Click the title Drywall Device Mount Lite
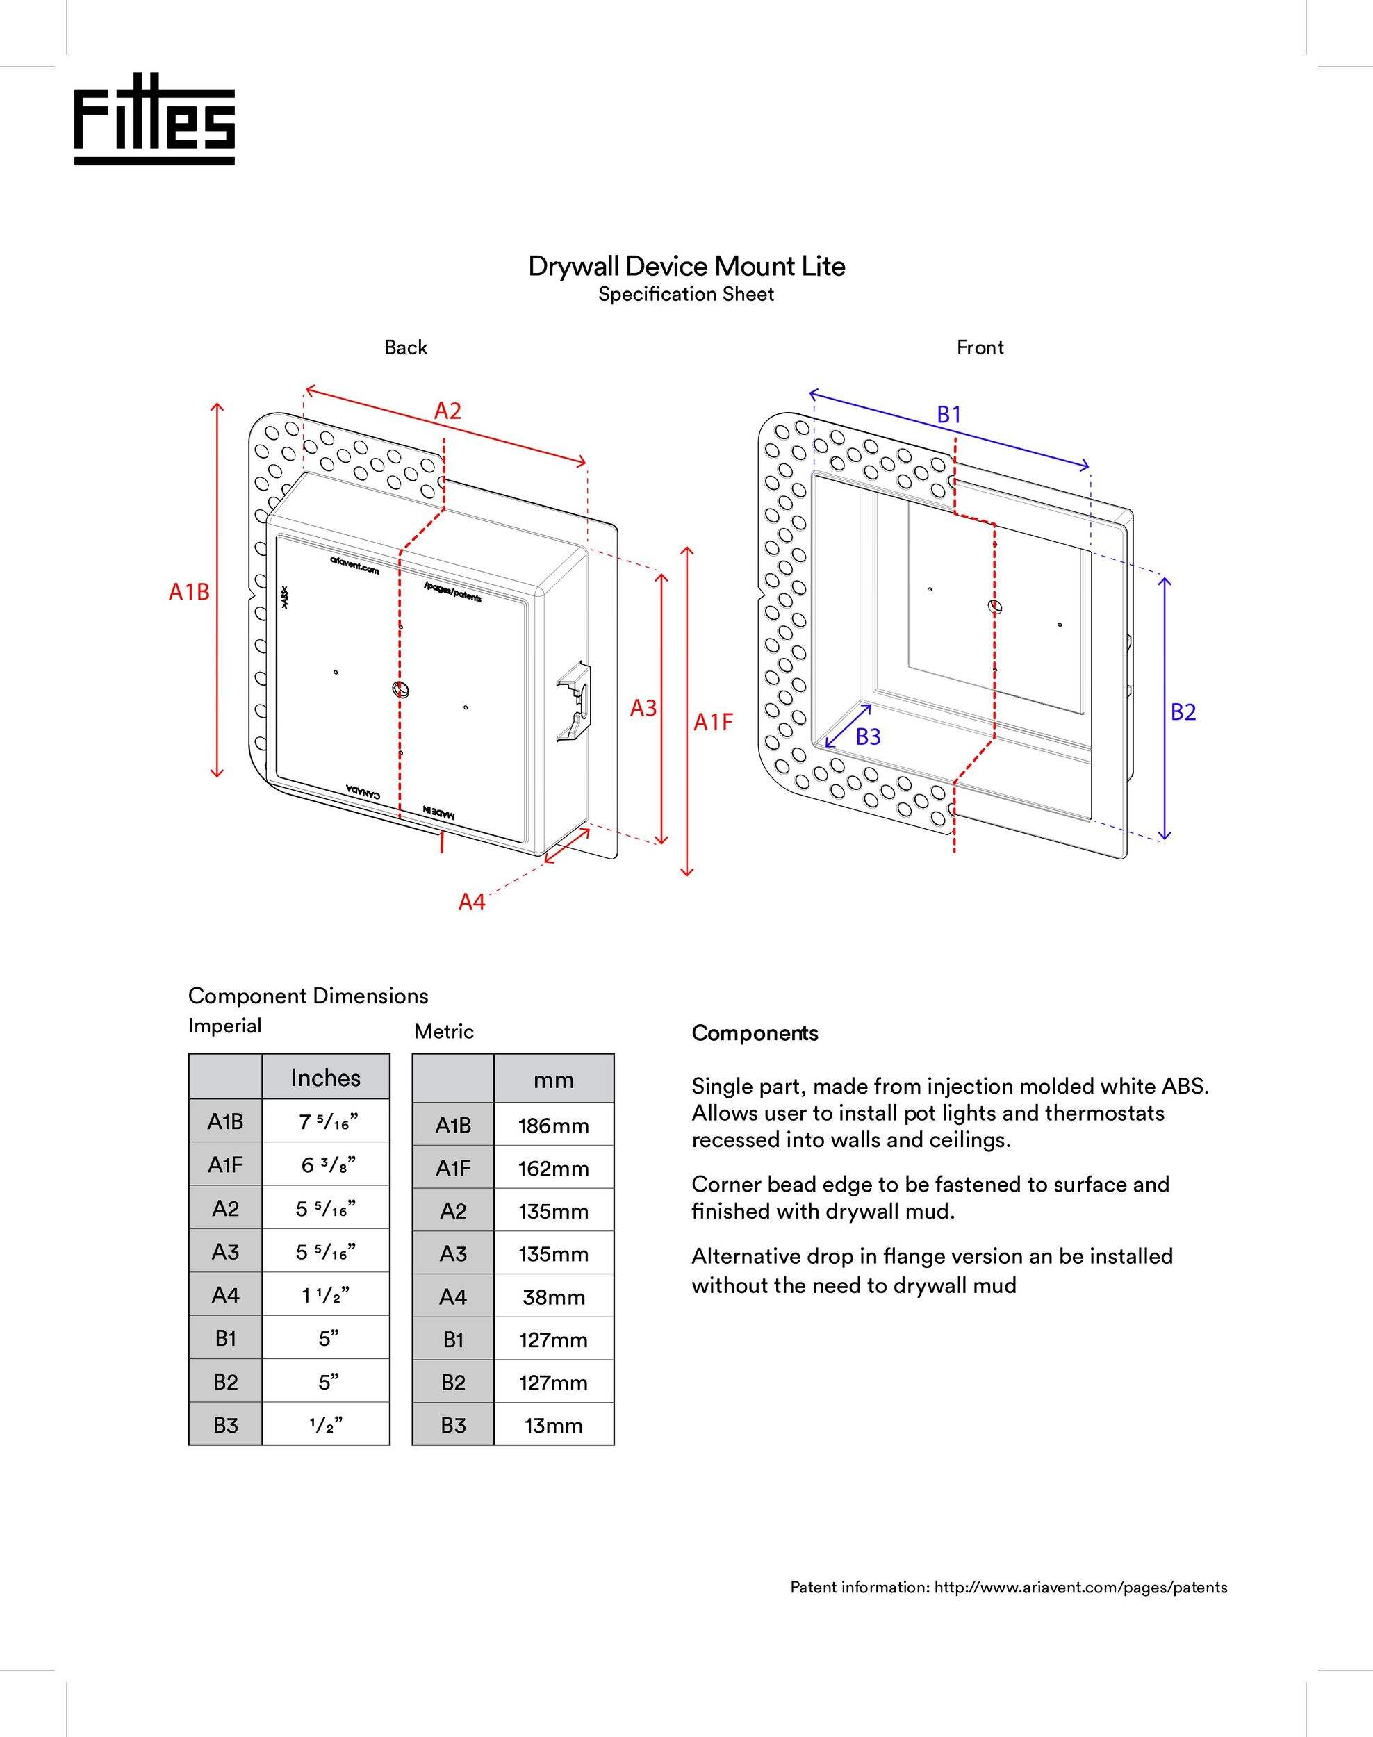point(686,266)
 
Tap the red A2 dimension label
point(447,411)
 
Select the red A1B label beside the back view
point(189,593)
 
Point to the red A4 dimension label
point(472,903)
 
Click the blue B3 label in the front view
point(868,737)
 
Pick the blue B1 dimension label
point(949,415)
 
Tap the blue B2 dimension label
point(1183,712)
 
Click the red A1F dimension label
point(714,723)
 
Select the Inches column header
point(326,1078)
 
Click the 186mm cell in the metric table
point(553,1126)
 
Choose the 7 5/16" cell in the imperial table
point(326,1122)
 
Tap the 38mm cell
point(553,1297)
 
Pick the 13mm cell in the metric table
point(553,1426)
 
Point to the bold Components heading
point(755,1033)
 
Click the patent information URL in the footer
point(1080,1588)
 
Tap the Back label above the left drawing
point(406,347)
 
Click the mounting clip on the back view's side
point(574,701)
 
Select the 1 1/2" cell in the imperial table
point(326,1295)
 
